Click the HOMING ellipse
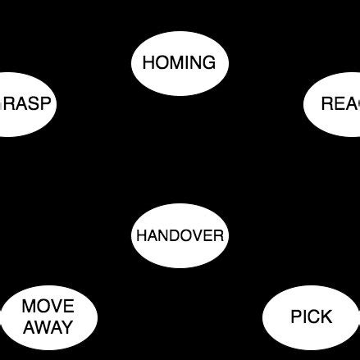coord(180,62)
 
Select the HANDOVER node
coord(180,236)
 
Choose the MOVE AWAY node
coord(48,317)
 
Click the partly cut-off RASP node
coord(25,104)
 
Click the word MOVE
coord(48,308)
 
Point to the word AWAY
coord(48,328)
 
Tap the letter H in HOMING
coord(148,62)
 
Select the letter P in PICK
coord(296,317)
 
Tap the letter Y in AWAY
coord(67,328)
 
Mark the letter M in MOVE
coord(30,308)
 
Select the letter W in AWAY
coord(43,328)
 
